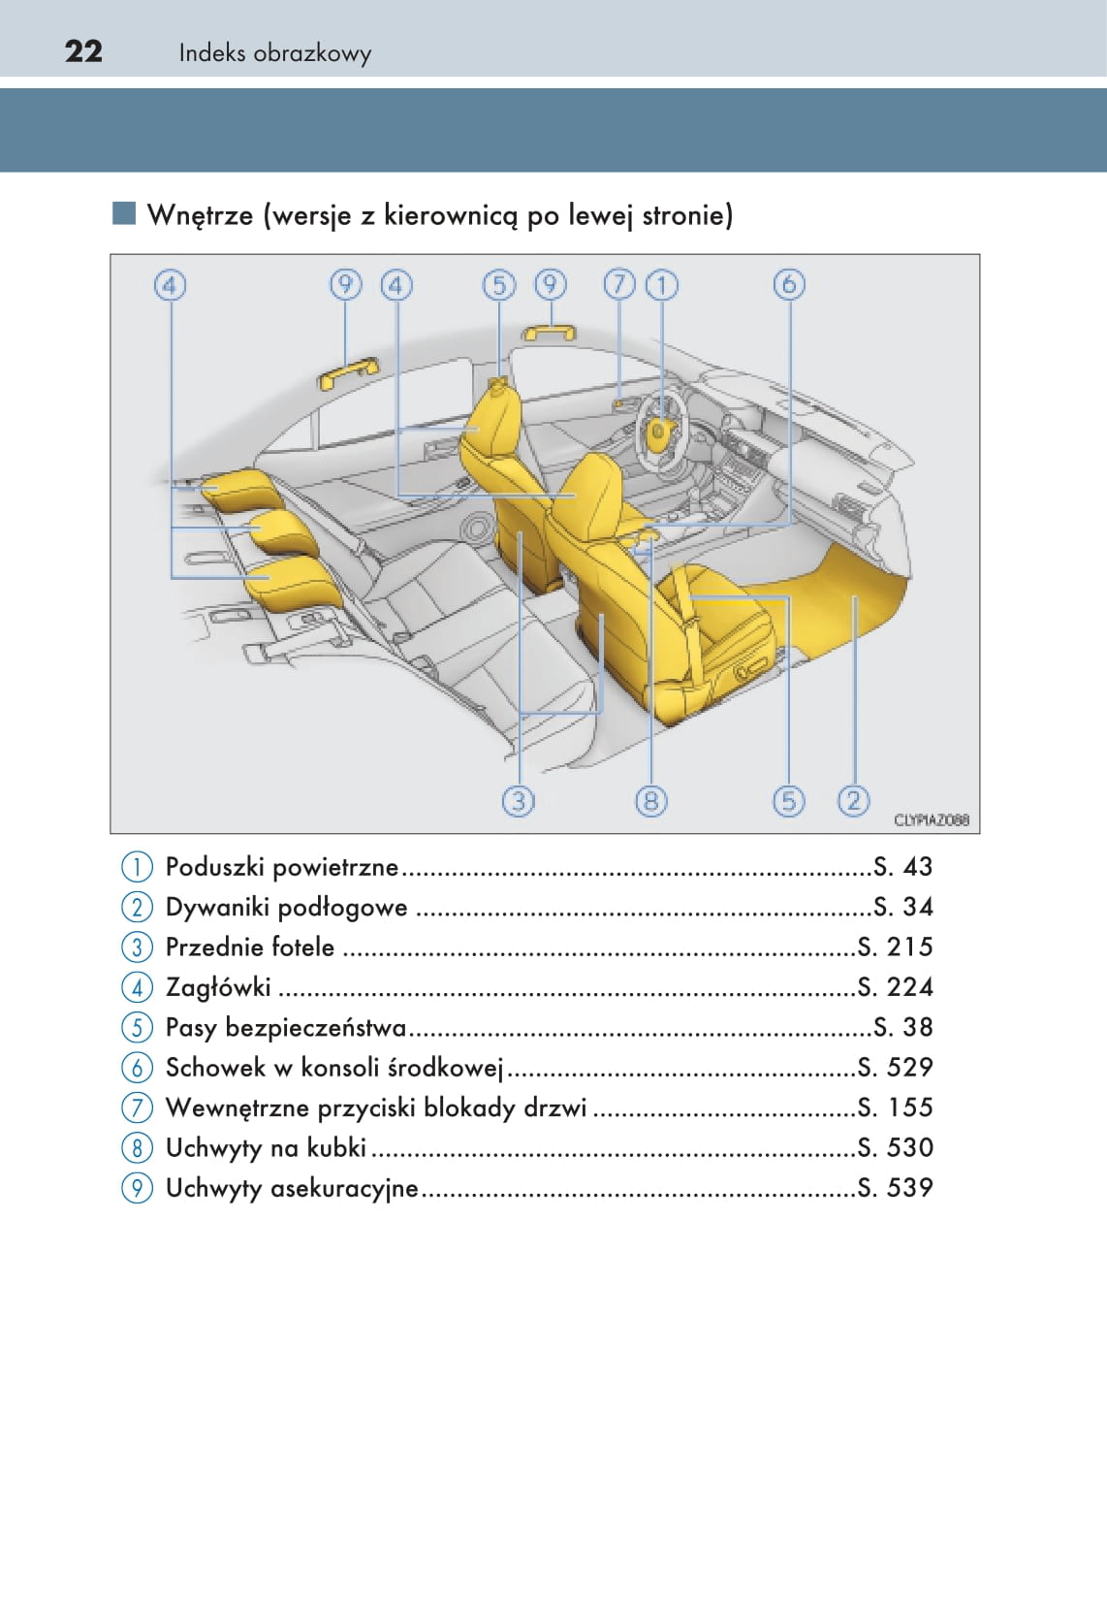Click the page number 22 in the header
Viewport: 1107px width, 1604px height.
point(83,52)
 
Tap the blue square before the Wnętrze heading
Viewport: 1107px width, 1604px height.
point(124,213)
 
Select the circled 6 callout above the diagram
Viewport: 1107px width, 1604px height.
point(788,285)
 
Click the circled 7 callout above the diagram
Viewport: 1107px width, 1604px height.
point(619,285)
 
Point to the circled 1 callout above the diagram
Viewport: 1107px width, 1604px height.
point(662,285)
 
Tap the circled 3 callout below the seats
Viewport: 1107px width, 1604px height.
point(519,801)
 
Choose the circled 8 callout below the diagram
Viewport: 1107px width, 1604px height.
point(651,801)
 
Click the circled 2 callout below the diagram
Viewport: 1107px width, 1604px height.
point(853,801)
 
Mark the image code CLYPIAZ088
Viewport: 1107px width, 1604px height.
point(931,820)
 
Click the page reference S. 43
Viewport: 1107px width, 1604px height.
point(903,867)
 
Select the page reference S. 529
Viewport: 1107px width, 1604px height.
point(895,1068)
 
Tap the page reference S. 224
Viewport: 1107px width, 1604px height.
point(895,987)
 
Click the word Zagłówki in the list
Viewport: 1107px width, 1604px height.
point(218,988)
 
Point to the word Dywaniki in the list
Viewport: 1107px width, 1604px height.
point(217,908)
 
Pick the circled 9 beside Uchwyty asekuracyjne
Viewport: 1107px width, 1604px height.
point(137,1189)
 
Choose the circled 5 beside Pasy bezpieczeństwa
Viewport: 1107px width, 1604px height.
point(137,1028)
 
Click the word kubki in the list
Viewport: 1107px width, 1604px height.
point(336,1148)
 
